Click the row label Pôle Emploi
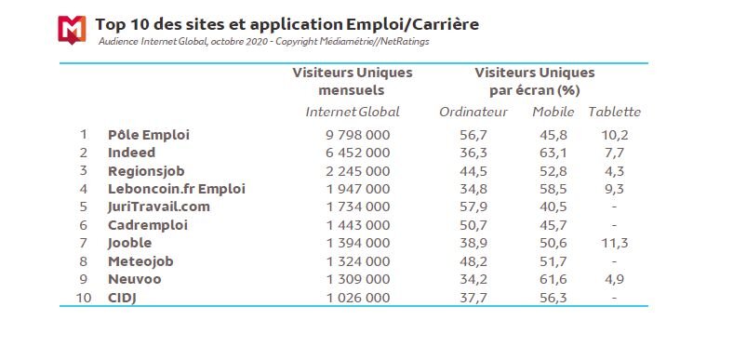(x=148, y=135)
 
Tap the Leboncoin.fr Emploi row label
(x=176, y=188)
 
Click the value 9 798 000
(x=353, y=135)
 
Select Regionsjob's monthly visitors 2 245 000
(x=353, y=170)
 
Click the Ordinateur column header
(x=473, y=113)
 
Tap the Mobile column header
(x=553, y=113)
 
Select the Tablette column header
(x=614, y=113)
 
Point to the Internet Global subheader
(x=353, y=113)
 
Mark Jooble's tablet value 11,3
(x=614, y=242)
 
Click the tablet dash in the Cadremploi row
(x=615, y=224)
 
